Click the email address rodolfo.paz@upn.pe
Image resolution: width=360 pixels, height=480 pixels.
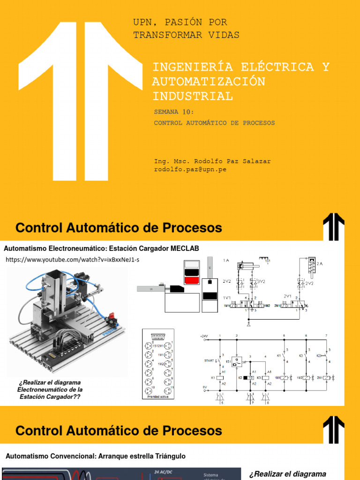click(x=190, y=169)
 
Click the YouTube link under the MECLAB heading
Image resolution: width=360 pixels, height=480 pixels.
click(x=73, y=260)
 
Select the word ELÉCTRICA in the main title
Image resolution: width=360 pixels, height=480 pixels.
click(x=262, y=67)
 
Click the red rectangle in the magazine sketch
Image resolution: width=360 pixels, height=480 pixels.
click(x=191, y=280)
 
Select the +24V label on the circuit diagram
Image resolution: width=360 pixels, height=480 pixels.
click(x=204, y=336)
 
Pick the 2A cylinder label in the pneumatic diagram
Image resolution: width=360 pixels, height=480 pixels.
click(x=320, y=264)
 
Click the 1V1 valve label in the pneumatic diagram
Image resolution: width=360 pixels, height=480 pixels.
click(x=227, y=297)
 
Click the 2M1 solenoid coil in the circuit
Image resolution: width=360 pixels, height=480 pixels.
click(x=331, y=377)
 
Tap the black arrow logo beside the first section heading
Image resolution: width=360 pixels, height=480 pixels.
click(x=333, y=227)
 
